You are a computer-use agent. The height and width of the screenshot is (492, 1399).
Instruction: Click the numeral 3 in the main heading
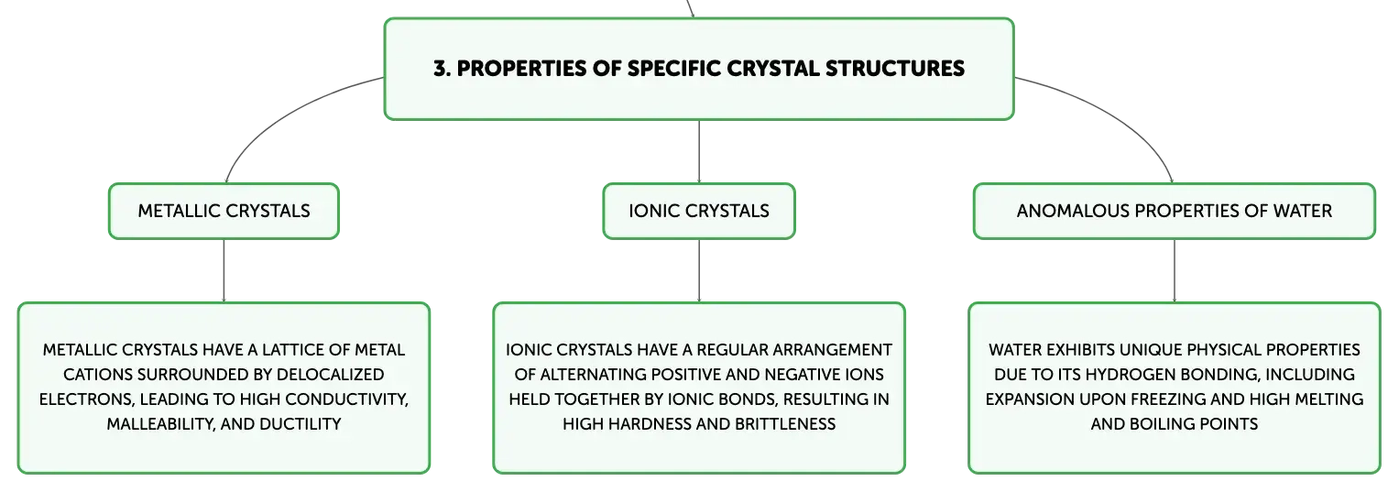pyautogui.click(x=441, y=68)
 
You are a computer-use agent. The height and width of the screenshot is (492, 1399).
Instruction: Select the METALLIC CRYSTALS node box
pyautogui.click(x=224, y=211)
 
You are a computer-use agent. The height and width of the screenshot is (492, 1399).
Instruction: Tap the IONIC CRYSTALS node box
pyautogui.click(x=699, y=211)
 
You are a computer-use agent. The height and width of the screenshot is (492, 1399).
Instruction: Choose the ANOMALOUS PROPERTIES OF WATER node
pyautogui.click(x=1175, y=211)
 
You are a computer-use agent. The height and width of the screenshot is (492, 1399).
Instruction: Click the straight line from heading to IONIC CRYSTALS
pyautogui.click(x=699, y=151)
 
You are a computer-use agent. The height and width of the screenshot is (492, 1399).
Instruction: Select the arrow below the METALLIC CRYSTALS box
pyautogui.click(x=224, y=271)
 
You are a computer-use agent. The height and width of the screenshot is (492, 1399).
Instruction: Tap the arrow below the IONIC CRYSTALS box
pyautogui.click(x=699, y=271)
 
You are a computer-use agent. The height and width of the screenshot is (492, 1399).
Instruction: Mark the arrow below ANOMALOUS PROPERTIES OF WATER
pyautogui.click(x=1175, y=271)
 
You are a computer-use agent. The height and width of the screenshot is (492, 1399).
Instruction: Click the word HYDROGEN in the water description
pyautogui.click(x=1125, y=375)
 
